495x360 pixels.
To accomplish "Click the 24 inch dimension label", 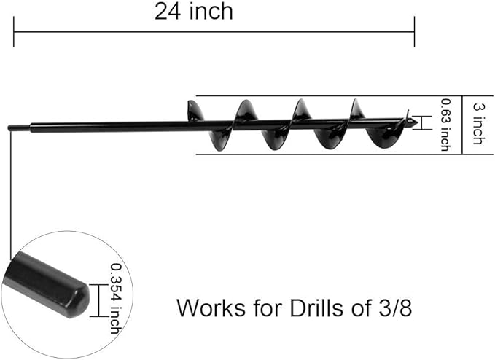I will (x=193, y=12).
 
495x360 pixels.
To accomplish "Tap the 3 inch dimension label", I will (x=478, y=125).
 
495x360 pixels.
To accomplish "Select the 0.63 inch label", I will (x=445, y=125).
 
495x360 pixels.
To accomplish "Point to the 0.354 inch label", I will (x=114, y=298).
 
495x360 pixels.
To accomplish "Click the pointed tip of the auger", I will (x=416, y=122).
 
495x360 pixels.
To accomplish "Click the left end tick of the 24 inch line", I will (x=14, y=32).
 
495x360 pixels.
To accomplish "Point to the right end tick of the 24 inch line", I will (x=414, y=32).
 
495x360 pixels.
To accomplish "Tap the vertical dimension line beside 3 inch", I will (x=462, y=125).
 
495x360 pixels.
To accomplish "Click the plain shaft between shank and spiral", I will (x=109, y=127).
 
